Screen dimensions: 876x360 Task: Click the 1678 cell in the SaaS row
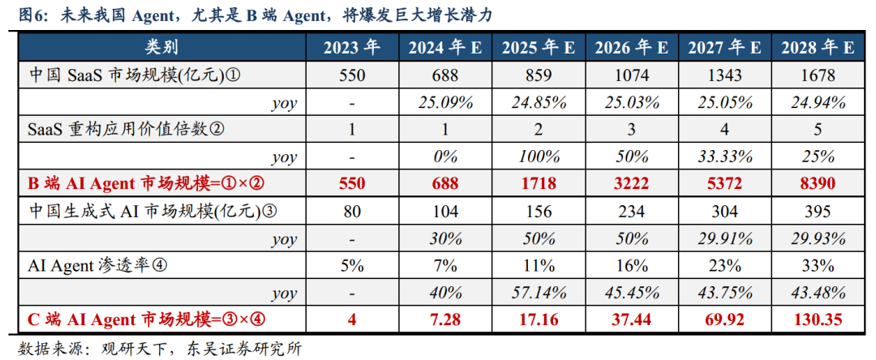tap(818, 75)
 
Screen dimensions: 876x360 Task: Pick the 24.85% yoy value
tap(538, 103)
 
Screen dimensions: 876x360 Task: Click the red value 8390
tap(818, 183)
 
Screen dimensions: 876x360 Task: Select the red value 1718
tap(538, 183)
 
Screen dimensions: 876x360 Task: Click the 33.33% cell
tap(724, 156)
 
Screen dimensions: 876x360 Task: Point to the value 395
tap(818, 211)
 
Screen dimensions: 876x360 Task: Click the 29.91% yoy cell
tap(724, 238)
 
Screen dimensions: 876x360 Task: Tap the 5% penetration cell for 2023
tap(352, 265)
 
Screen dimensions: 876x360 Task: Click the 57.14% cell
tap(538, 293)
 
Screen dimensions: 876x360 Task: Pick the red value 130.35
tap(818, 319)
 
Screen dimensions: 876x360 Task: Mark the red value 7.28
tap(445, 319)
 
